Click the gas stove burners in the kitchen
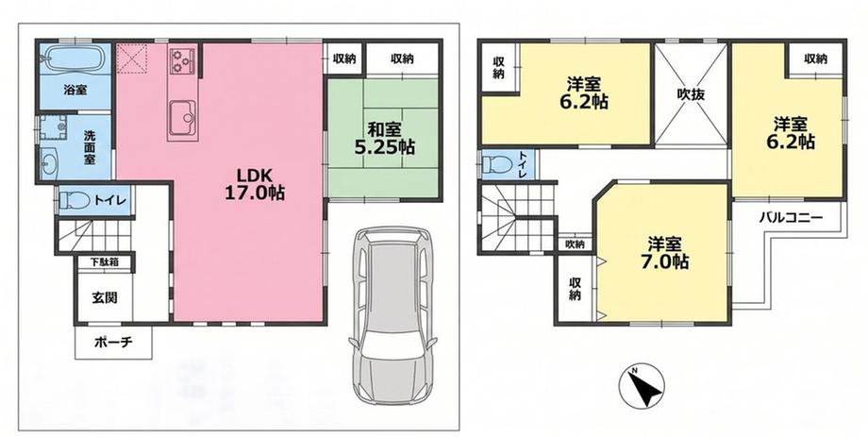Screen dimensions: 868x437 point(183,59)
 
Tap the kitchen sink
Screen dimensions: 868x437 point(182,118)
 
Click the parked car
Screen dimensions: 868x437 point(392,311)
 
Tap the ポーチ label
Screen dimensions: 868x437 point(113,342)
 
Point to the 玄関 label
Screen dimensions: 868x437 point(104,297)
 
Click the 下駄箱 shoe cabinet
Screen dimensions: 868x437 point(105,261)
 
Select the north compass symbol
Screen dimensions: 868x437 point(642,385)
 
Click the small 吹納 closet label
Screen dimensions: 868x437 point(575,244)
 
